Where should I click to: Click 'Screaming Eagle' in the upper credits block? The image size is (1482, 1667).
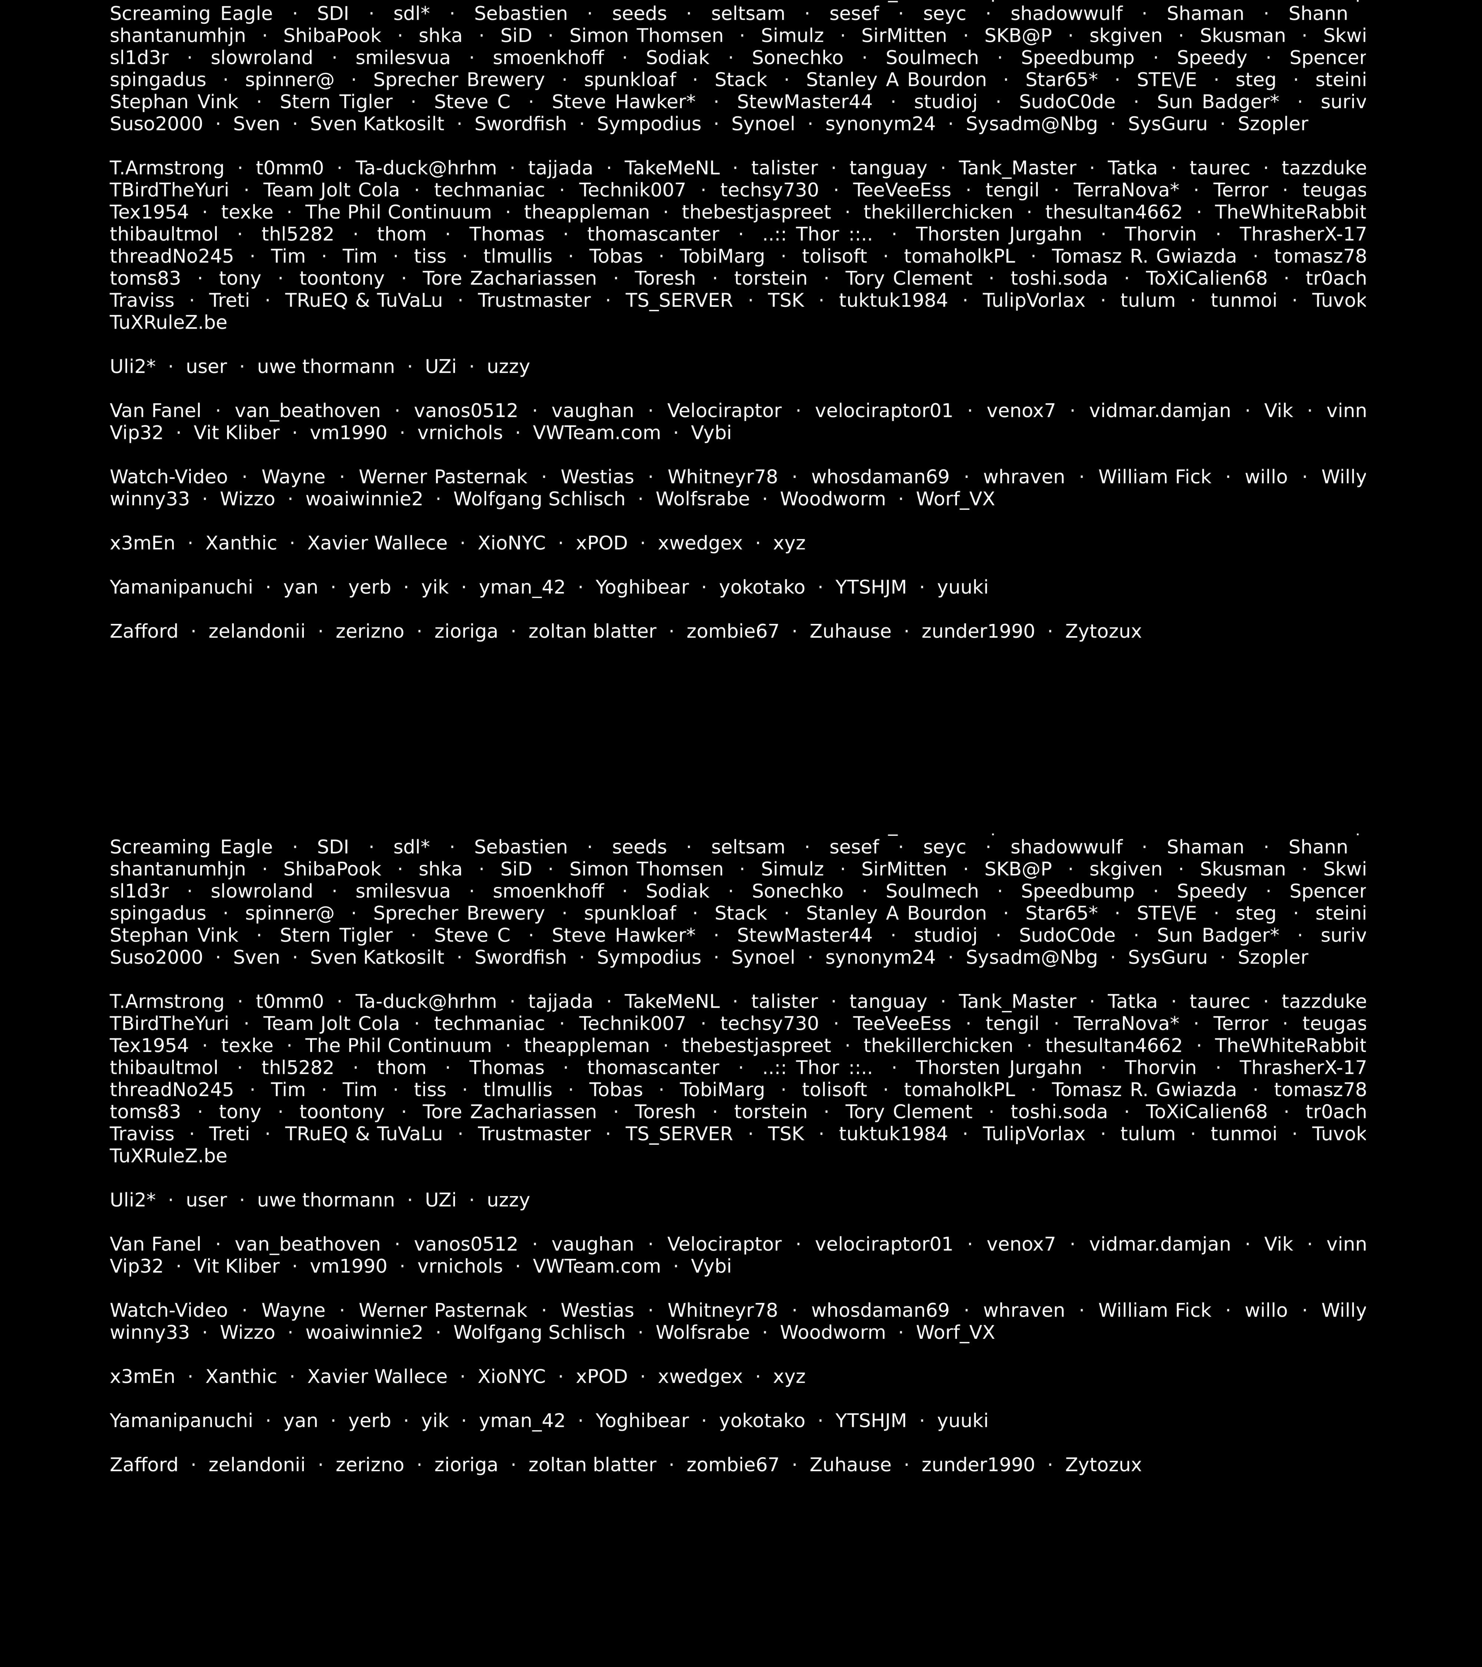tap(191, 14)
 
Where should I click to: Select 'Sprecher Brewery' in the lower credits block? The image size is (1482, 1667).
tap(458, 914)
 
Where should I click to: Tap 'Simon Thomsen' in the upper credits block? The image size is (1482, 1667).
tap(646, 36)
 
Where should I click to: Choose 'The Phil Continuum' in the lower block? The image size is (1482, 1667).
tap(398, 1045)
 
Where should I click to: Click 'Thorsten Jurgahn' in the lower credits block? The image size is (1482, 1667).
tap(998, 1068)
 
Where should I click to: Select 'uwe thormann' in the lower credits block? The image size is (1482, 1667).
tap(325, 1200)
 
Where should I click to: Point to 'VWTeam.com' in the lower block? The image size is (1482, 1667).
tap(596, 1266)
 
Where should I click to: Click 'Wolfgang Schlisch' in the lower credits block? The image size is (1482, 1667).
tap(539, 1332)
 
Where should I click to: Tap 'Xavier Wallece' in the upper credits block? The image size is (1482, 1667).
tap(377, 543)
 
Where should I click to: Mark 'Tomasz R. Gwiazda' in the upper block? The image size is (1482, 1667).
tap(1143, 256)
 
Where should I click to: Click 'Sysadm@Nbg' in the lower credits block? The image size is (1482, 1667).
tap(1031, 958)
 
